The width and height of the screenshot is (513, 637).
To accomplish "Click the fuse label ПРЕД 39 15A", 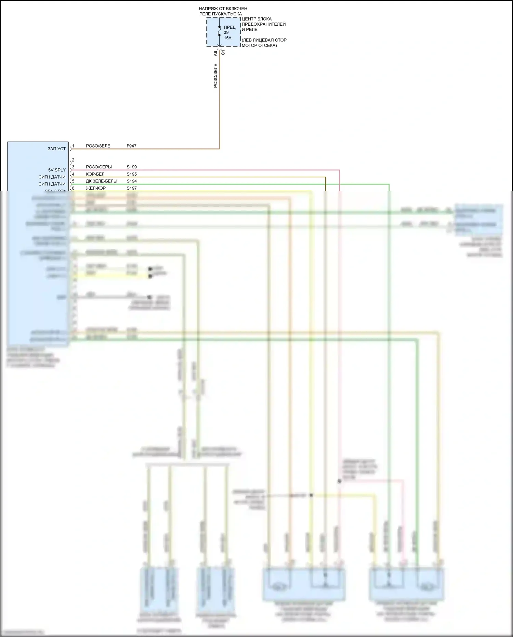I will (229, 33).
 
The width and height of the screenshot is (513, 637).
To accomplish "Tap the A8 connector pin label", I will (215, 53).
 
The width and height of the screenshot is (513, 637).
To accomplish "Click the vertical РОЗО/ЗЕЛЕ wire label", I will (215, 76).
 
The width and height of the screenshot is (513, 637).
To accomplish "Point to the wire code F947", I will (131, 146).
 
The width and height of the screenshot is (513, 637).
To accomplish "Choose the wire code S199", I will (132, 167).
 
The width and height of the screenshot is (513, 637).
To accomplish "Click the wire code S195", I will (132, 174).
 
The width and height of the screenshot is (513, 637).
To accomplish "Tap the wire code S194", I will (132, 181).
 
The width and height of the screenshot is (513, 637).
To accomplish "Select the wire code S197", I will (132, 188).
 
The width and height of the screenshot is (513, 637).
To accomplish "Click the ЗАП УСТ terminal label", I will (56, 149).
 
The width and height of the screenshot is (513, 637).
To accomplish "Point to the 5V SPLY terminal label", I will (57, 170).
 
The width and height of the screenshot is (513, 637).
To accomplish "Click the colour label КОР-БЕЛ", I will (95, 174).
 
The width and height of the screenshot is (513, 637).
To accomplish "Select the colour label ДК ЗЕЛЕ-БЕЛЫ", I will (101, 181).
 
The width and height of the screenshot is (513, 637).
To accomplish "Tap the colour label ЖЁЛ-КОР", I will (96, 188).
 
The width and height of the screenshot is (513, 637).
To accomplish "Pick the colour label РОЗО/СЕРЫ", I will (98, 167).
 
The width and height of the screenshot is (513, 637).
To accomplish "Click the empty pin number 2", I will (73, 160).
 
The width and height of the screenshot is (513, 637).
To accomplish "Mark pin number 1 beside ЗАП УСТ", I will (73, 146).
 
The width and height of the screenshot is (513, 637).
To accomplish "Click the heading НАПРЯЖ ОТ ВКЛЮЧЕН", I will (223, 9).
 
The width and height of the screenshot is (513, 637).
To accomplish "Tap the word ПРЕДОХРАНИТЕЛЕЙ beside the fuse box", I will (263, 24).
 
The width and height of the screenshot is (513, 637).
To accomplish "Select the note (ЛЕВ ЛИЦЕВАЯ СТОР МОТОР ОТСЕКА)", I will (264, 43).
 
